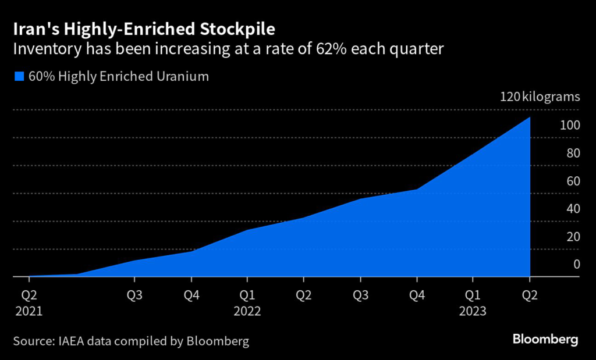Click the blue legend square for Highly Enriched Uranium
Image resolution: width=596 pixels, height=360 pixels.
19,76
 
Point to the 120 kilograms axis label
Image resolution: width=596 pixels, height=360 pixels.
540,97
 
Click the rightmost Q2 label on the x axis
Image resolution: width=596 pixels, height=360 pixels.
530,295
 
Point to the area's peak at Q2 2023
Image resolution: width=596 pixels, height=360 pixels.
530,117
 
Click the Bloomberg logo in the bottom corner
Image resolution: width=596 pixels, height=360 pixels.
545,338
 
